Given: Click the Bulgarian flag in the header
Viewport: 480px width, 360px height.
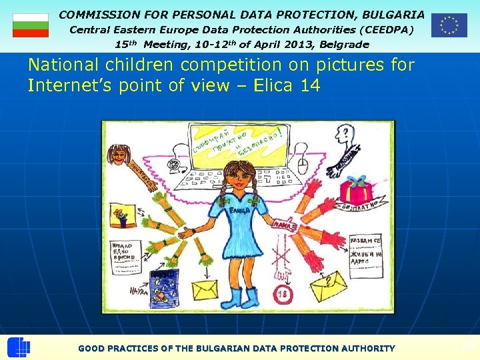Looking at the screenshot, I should coord(31,25).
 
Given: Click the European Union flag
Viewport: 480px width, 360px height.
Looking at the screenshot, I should coord(449,25).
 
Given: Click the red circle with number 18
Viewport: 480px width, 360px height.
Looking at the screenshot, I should coord(281,293).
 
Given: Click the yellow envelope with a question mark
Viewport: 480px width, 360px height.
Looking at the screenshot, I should coord(324,288).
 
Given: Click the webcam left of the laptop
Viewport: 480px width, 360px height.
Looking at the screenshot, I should coord(175,163).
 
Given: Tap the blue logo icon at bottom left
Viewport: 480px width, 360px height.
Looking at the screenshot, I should coord(19,348).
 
